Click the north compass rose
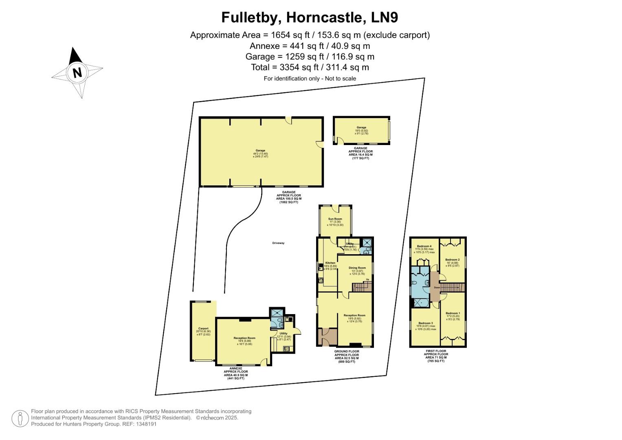click(77, 73)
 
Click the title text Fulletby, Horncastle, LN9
click(310, 18)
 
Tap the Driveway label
click(278, 243)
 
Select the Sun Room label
click(335, 219)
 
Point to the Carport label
click(203, 328)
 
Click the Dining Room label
click(357, 268)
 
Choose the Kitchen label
click(330, 263)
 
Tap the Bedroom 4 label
click(424, 246)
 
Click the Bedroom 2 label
click(452, 260)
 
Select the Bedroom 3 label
click(423, 323)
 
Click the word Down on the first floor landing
click(437, 288)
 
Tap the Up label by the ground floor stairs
click(367, 279)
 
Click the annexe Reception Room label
click(244, 338)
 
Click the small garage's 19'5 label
click(361, 130)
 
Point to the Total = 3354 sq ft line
click(310, 67)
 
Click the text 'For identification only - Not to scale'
click(310, 79)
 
